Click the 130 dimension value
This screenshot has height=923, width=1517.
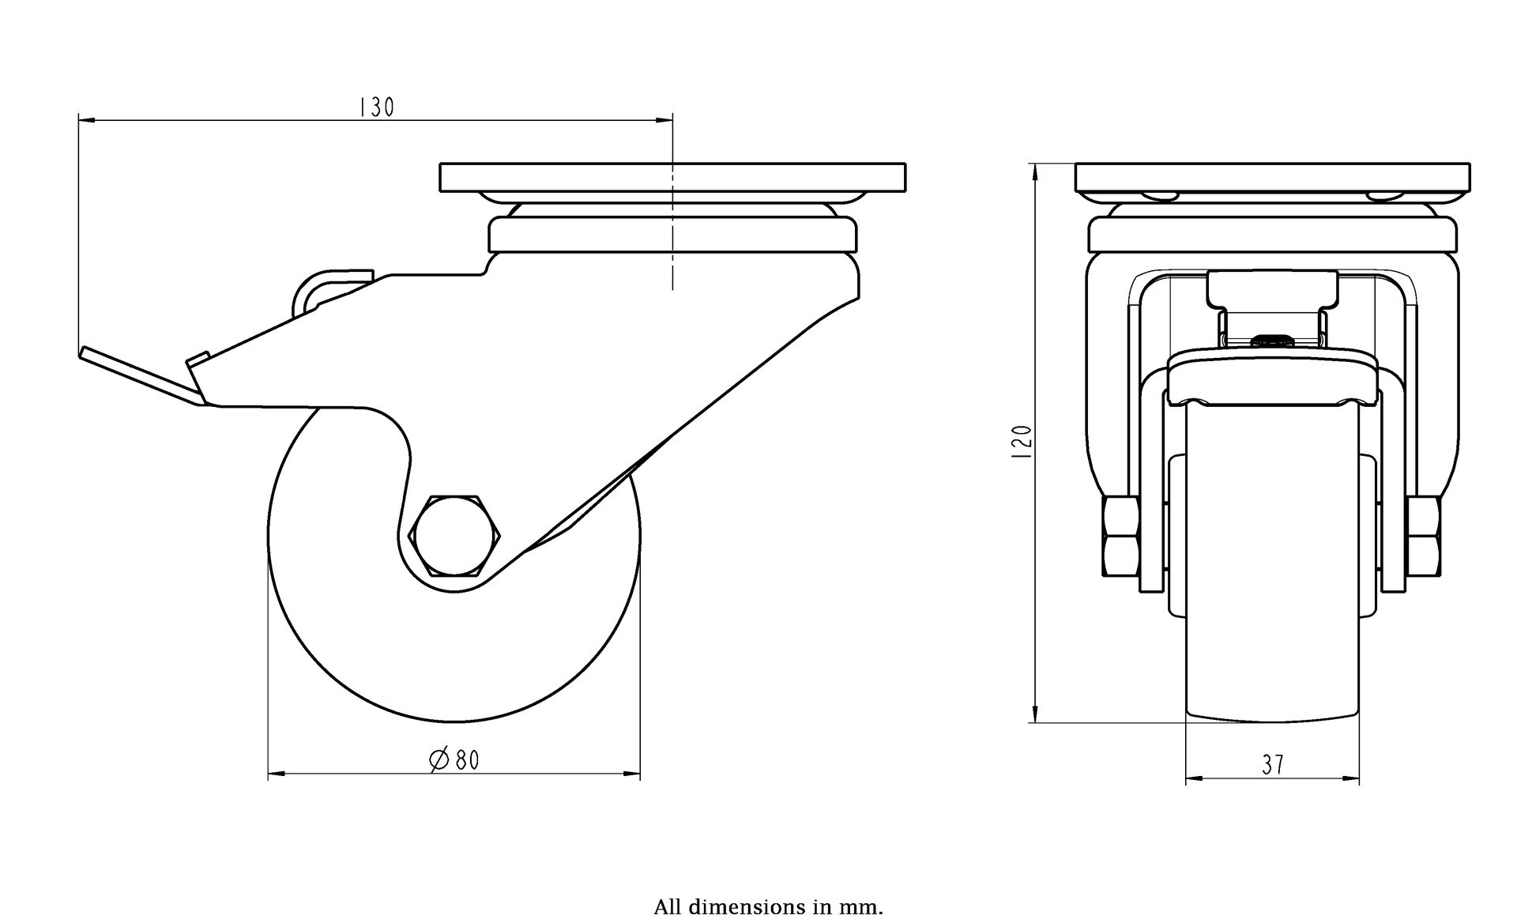pyautogui.click(x=377, y=107)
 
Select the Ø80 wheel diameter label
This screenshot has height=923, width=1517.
pyautogui.click(x=454, y=760)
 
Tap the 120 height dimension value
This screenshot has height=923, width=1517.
pyautogui.click(x=1022, y=443)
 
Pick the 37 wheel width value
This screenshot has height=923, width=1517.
pyautogui.click(x=1272, y=765)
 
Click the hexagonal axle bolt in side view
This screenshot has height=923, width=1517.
pyautogui.click(x=454, y=535)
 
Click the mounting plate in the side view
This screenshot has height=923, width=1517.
pyautogui.click(x=672, y=177)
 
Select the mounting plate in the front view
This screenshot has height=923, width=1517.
pyautogui.click(x=1273, y=177)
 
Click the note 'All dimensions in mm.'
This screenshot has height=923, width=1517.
pyautogui.click(x=768, y=906)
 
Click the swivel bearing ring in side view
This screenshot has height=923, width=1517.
pyautogui.click(x=672, y=235)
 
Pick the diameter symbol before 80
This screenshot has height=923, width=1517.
pyautogui.click(x=439, y=760)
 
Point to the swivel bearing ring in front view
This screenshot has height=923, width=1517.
pyautogui.click(x=1273, y=235)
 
